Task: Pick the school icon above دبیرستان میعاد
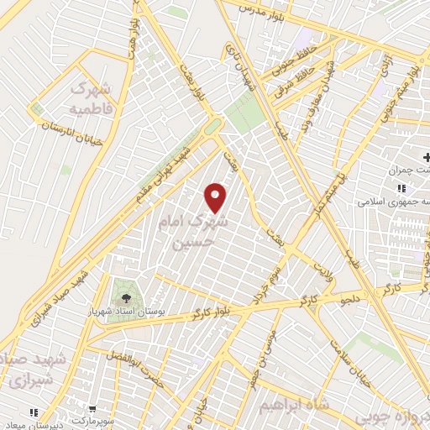coord(34,412)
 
